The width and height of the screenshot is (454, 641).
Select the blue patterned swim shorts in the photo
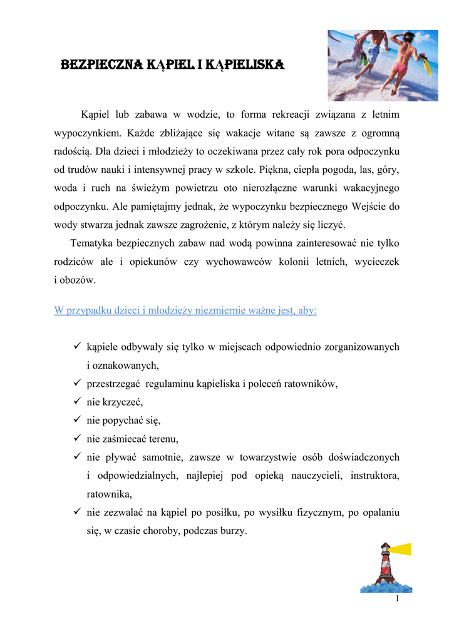coord(373,53)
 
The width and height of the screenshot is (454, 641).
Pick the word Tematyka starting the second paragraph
coord(95,243)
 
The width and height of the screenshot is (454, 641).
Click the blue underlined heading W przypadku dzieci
coord(185,310)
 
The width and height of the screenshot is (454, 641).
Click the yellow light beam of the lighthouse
coord(400,550)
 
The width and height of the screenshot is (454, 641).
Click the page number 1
coord(397,599)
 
